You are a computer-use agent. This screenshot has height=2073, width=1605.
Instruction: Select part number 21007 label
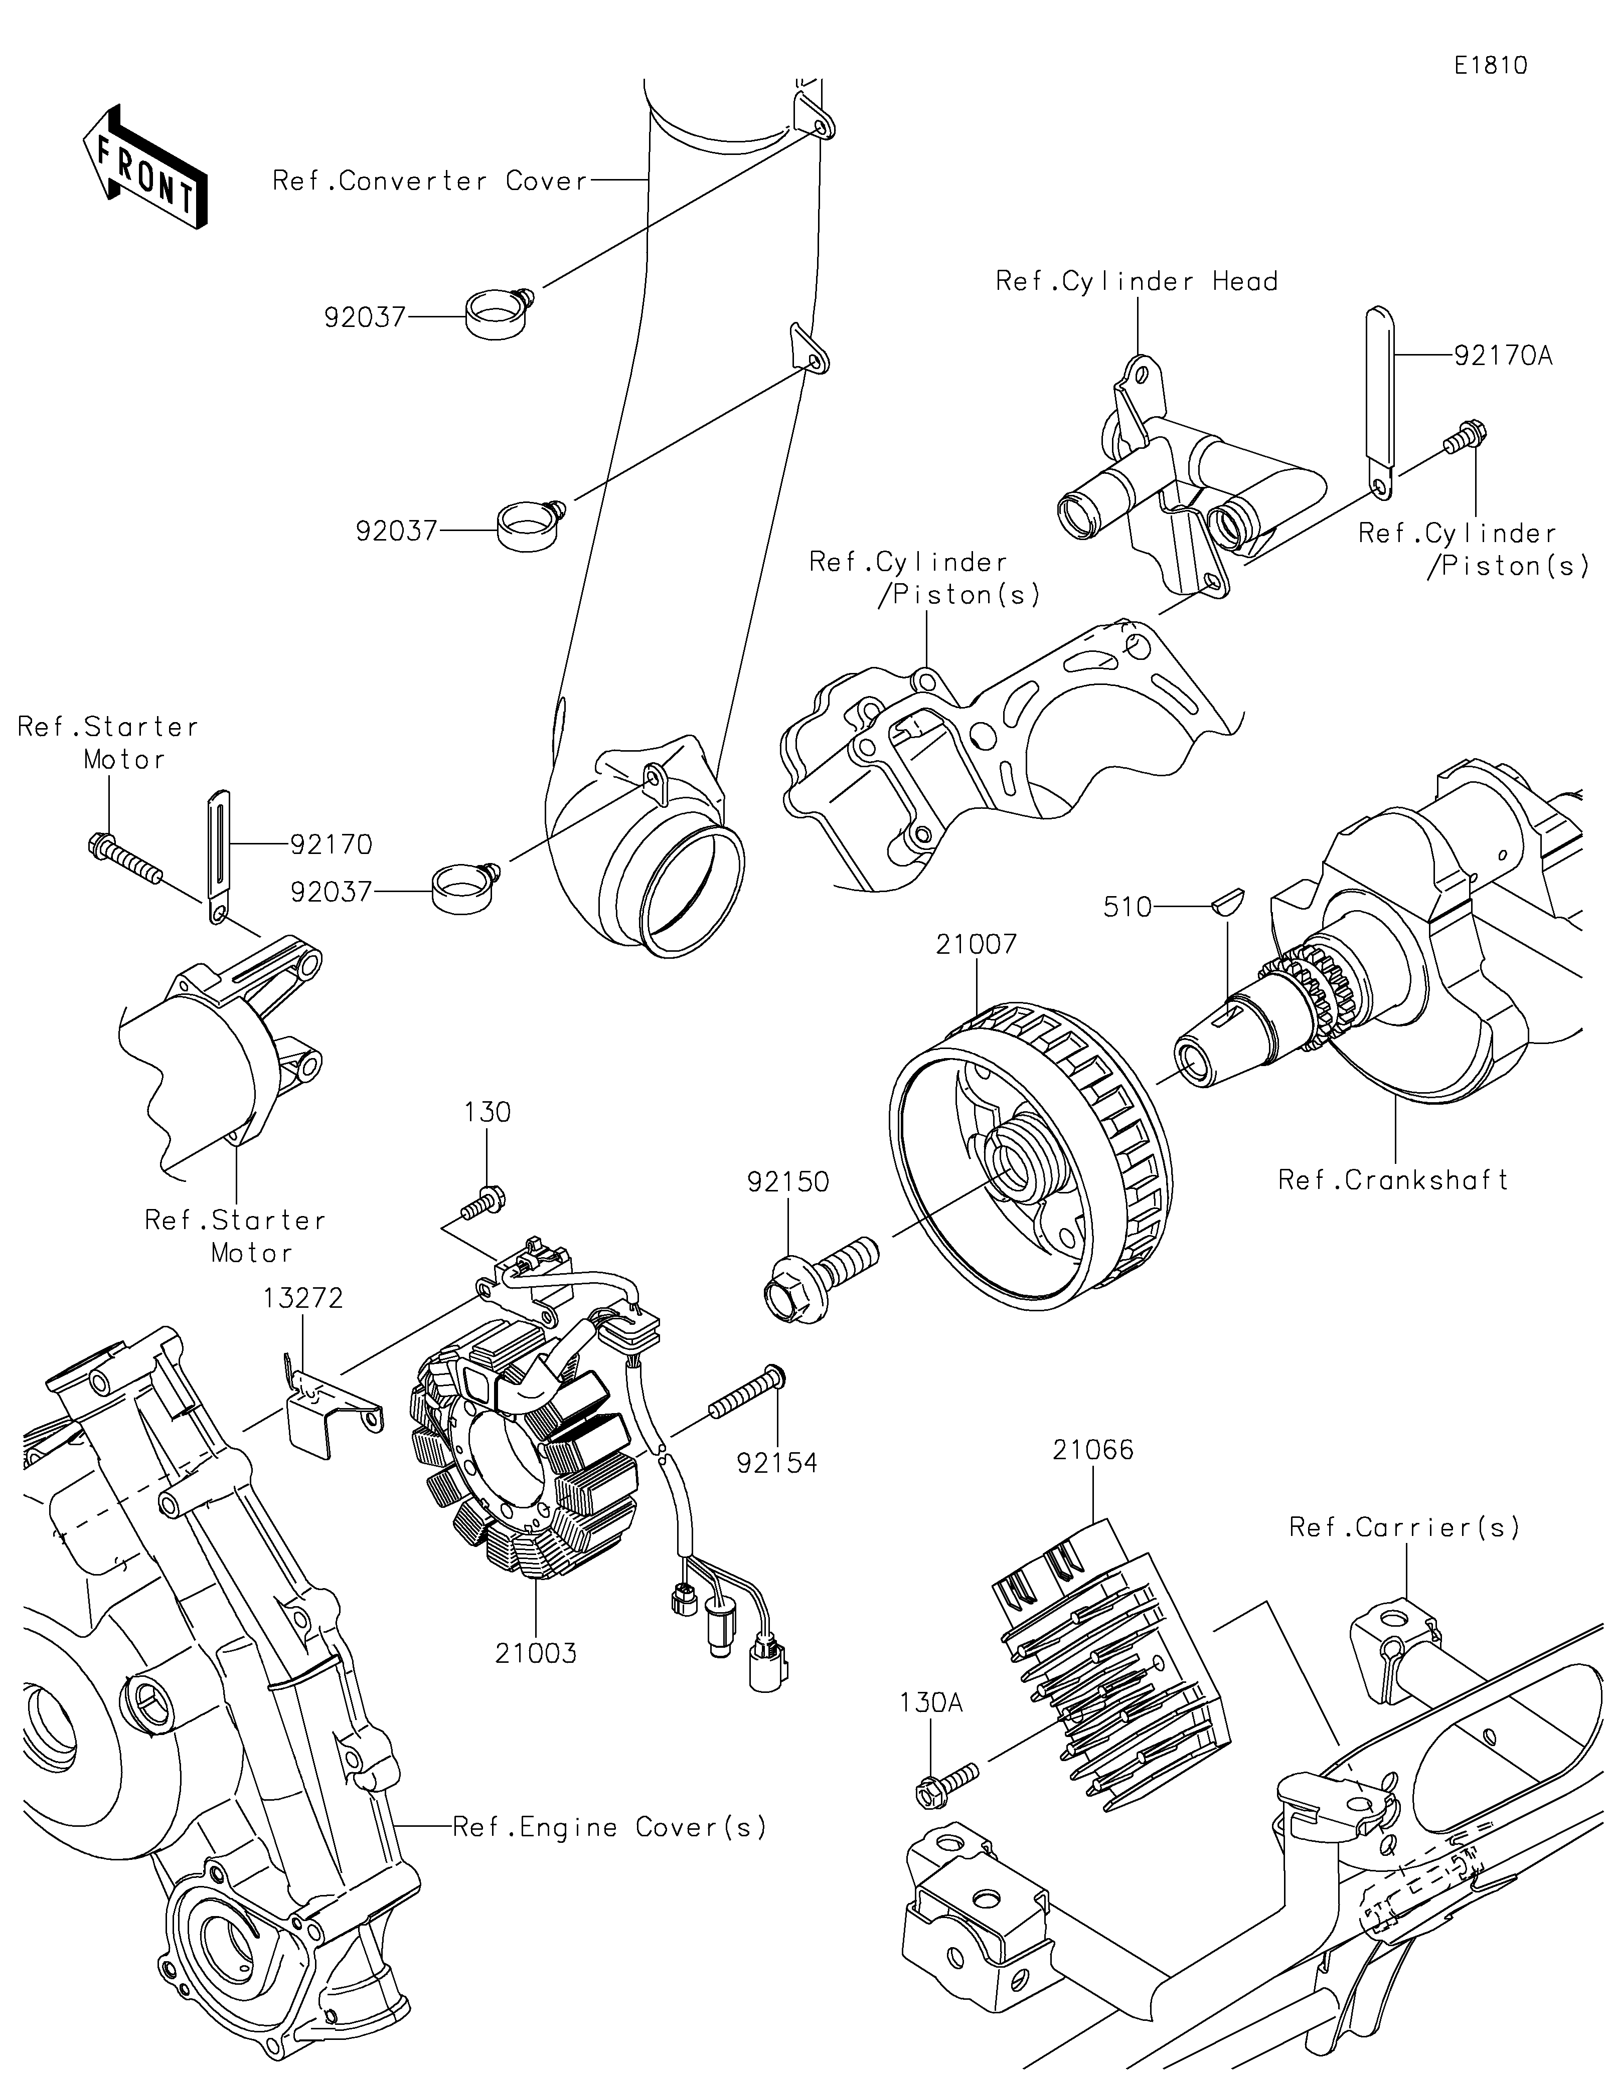(x=977, y=944)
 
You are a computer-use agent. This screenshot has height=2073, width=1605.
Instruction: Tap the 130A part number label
(x=931, y=1704)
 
